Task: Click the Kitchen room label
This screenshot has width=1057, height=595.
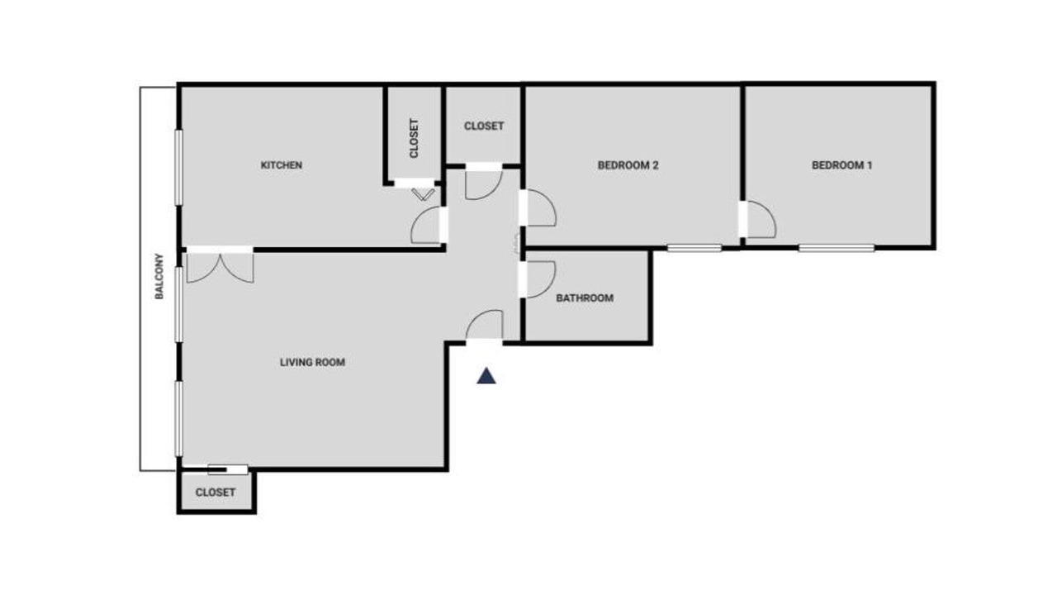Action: [282, 165]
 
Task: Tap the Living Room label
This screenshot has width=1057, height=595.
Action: [312, 362]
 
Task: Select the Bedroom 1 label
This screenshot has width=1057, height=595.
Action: [841, 165]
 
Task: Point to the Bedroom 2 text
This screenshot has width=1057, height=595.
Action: [628, 165]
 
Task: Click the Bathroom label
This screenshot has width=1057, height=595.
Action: [585, 298]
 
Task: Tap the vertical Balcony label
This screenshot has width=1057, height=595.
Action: [159, 276]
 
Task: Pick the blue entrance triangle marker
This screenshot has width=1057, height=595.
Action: [486, 376]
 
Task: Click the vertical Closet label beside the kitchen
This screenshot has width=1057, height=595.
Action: [414, 138]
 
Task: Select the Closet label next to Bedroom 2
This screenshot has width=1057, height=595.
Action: [484, 126]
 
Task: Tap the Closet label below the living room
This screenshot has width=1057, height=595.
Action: [216, 492]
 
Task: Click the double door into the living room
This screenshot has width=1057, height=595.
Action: [220, 267]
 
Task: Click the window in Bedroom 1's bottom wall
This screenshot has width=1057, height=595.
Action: [837, 248]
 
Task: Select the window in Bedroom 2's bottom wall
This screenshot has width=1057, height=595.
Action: [694, 248]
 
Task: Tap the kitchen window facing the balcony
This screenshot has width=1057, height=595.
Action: [179, 168]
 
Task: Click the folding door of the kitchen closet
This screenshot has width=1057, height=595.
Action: [423, 194]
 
